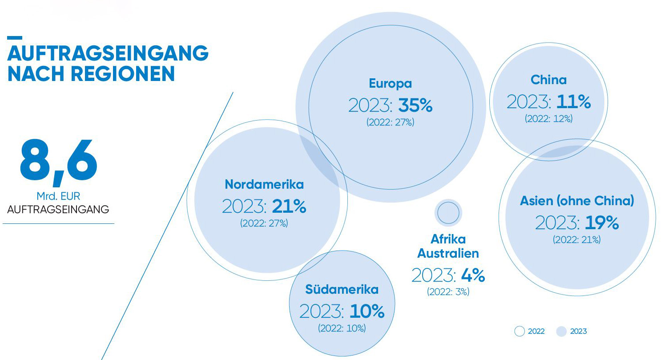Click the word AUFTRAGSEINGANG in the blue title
pos(108,53)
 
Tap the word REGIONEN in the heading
pos(123,73)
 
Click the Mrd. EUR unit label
pos(58,196)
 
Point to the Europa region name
pos(391,84)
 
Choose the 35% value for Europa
pos(415,105)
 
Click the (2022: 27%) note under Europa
pos(391,122)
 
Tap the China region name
pos(548,80)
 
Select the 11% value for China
pos(574,102)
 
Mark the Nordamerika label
pos(264,184)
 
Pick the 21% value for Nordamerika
pos(289,206)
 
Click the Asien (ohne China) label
pos(577,201)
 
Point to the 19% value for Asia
pos(602,222)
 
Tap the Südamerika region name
pos(342,289)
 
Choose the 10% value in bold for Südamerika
pos(367,311)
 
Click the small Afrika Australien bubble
pos(448,213)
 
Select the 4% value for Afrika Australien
pos(473,275)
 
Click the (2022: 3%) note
pos(448,292)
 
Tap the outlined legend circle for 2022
pos(520,332)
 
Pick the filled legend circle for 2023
pos(561,332)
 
